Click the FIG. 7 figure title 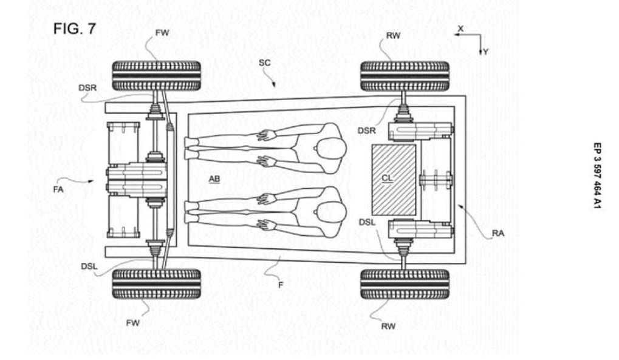(75, 29)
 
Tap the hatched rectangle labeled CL (394, 180)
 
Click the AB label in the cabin (214, 180)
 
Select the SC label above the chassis (264, 63)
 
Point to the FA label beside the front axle (58, 189)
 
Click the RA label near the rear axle (498, 233)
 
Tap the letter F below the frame (281, 285)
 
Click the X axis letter (460, 29)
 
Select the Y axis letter (485, 52)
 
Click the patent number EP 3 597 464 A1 (597, 175)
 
